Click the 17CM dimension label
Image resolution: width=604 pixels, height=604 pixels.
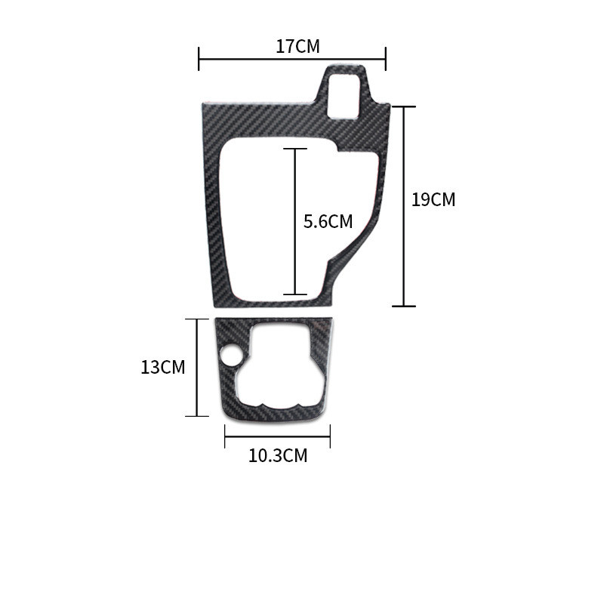click(x=297, y=46)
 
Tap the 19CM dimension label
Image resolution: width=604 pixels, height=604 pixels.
click(x=433, y=199)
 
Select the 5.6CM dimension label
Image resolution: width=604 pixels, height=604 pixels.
click(x=328, y=221)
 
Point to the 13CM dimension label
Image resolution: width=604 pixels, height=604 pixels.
click(x=163, y=367)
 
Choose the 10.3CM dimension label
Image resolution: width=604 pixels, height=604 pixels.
click(x=278, y=456)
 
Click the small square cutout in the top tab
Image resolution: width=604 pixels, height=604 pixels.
click(x=344, y=96)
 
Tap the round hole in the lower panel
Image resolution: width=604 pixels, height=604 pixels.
click(x=231, y=354)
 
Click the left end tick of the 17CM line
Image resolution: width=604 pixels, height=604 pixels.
click(x=199, y=59)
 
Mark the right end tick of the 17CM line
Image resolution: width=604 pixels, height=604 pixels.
click(x=386, y=59)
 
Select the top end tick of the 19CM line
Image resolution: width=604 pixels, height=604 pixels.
click(x=404, y=106)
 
